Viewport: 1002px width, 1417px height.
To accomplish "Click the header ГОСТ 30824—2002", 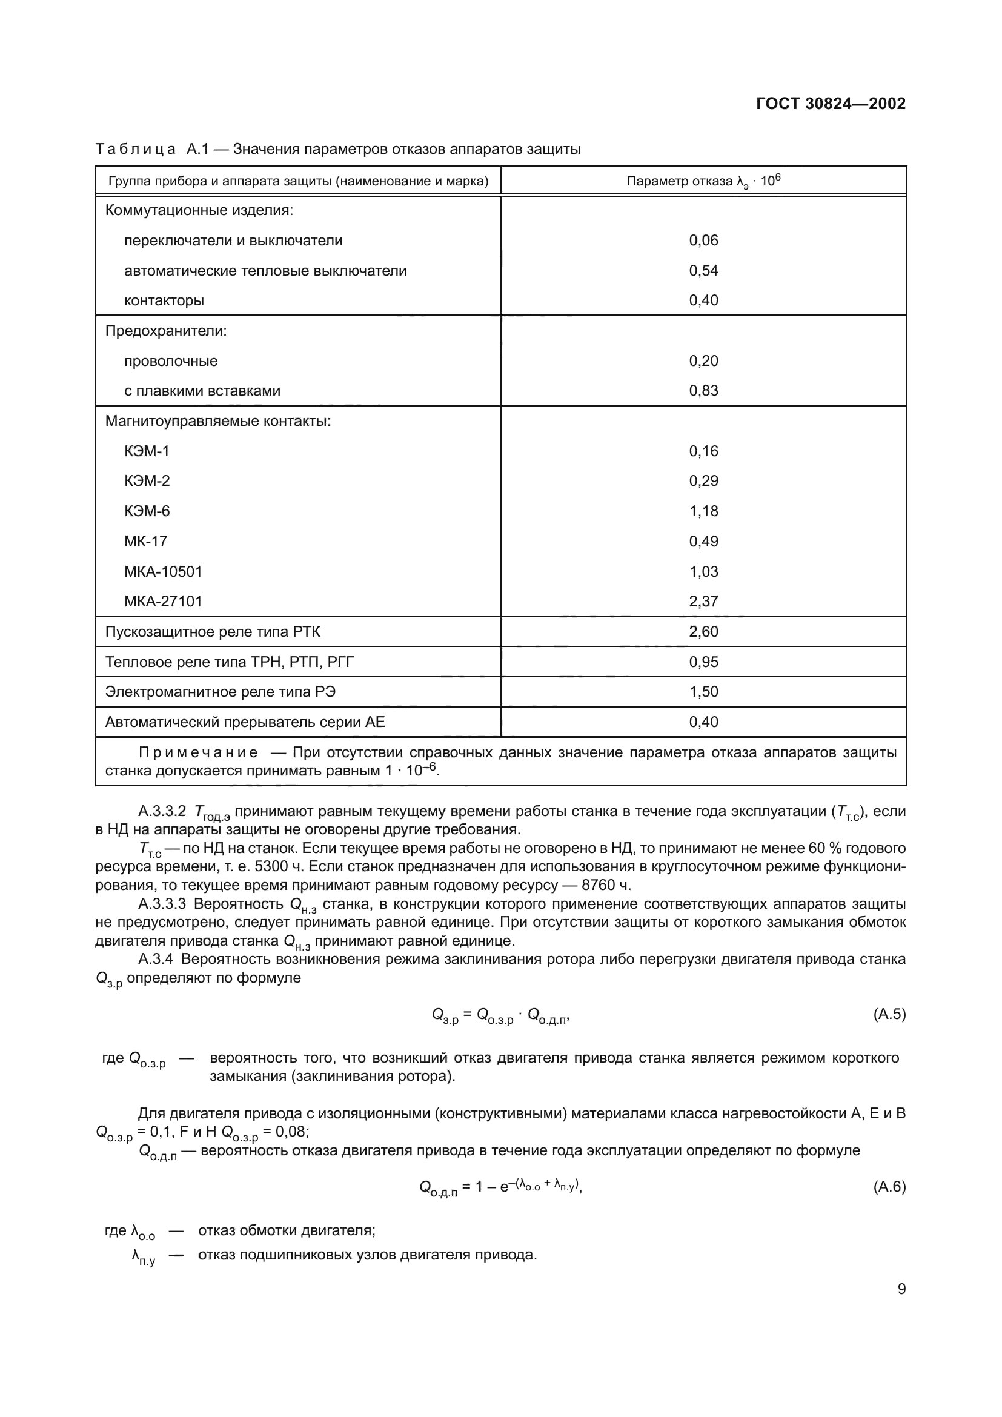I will point(831,104).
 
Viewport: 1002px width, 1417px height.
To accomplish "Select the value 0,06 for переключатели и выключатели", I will point(703,241).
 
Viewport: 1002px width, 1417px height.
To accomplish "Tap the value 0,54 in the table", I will point(703,271).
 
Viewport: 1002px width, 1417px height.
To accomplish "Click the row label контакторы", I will point(164,301).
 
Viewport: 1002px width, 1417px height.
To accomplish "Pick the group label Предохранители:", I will point(166,331).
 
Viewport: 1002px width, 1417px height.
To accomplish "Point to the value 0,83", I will point(703,391).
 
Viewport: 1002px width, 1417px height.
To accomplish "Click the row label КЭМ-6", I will point(147,512).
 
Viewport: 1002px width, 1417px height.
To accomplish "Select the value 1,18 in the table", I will point(703,512).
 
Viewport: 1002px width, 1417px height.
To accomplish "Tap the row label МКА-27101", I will point(163,602).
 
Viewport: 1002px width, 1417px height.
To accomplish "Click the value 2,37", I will point(703,602).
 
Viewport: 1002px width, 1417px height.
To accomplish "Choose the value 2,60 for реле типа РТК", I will point(703,632).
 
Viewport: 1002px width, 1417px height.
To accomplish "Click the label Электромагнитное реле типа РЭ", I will point(221,692).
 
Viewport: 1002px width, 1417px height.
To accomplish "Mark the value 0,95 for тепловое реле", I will point(703,662).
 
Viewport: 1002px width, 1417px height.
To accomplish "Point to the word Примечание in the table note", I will point(198,753).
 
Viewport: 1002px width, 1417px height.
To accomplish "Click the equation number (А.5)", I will point(889,1015).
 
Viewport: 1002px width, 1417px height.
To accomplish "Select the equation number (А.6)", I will point(889,1187).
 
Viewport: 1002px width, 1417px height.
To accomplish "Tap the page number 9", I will point(901,1289).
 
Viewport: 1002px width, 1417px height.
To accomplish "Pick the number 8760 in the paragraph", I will point(599,886).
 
